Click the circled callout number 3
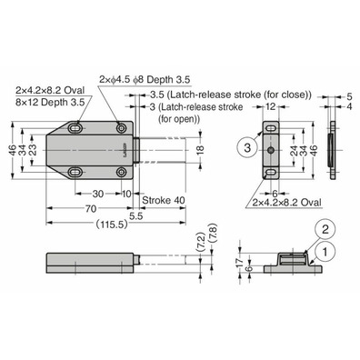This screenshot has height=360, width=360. click(x=247, y=148)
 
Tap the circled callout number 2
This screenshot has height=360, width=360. click(x=325, y=229)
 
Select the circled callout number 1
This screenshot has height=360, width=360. click(x=325, y=252)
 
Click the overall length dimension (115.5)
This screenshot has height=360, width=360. click(x=111, y=225)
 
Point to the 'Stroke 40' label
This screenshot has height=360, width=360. click(x=164, y=200)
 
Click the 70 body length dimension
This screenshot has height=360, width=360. click(x=91, y=209)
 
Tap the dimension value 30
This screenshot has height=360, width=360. click(x=97, y=194)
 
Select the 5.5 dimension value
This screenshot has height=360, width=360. click(x=136, y=215)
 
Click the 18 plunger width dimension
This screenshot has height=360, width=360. click(x=200, y=149)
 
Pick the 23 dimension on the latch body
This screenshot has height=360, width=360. click(x=33, y=149)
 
